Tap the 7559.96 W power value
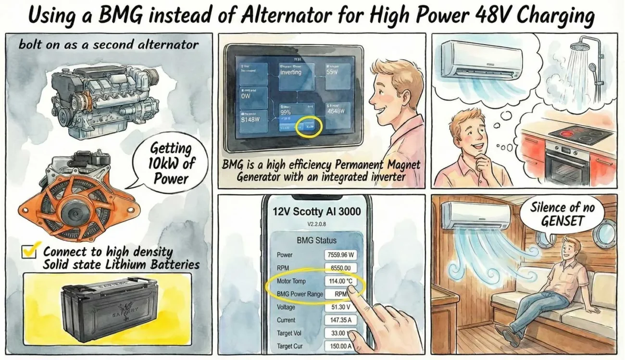tap(341, 255)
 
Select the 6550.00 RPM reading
tap(341, 268)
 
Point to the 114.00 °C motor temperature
tap(341, 281)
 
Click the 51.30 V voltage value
tap(341, 307)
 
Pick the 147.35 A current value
tap(341, 320)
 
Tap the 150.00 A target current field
tap(341, 346)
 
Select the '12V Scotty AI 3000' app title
tap(316, 211)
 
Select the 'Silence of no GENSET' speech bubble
tap(562, 214)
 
